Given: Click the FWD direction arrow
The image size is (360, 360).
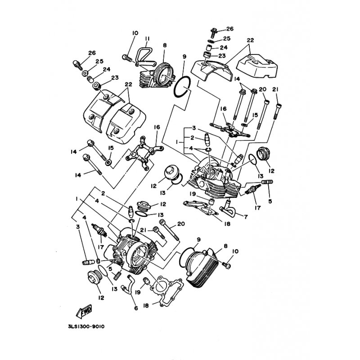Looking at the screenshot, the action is (84, 311).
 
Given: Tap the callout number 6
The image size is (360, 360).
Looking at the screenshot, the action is (136, 308).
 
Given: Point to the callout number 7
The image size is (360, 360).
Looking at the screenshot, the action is (246, 217).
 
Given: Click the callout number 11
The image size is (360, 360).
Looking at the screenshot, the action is (147, 39).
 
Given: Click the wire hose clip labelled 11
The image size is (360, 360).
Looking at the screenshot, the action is (144, 56).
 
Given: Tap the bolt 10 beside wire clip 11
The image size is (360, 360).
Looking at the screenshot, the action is (127, 58).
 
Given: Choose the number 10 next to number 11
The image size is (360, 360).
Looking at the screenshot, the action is (135, 33).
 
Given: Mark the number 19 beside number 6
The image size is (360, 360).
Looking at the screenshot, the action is (138, 292).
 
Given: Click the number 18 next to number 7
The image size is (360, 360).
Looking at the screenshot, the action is (227, 224).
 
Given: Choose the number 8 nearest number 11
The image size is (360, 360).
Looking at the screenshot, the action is (165, 45).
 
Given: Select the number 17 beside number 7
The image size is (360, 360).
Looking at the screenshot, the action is (257, 208).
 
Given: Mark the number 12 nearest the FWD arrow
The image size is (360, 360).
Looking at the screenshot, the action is (101, 298).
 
